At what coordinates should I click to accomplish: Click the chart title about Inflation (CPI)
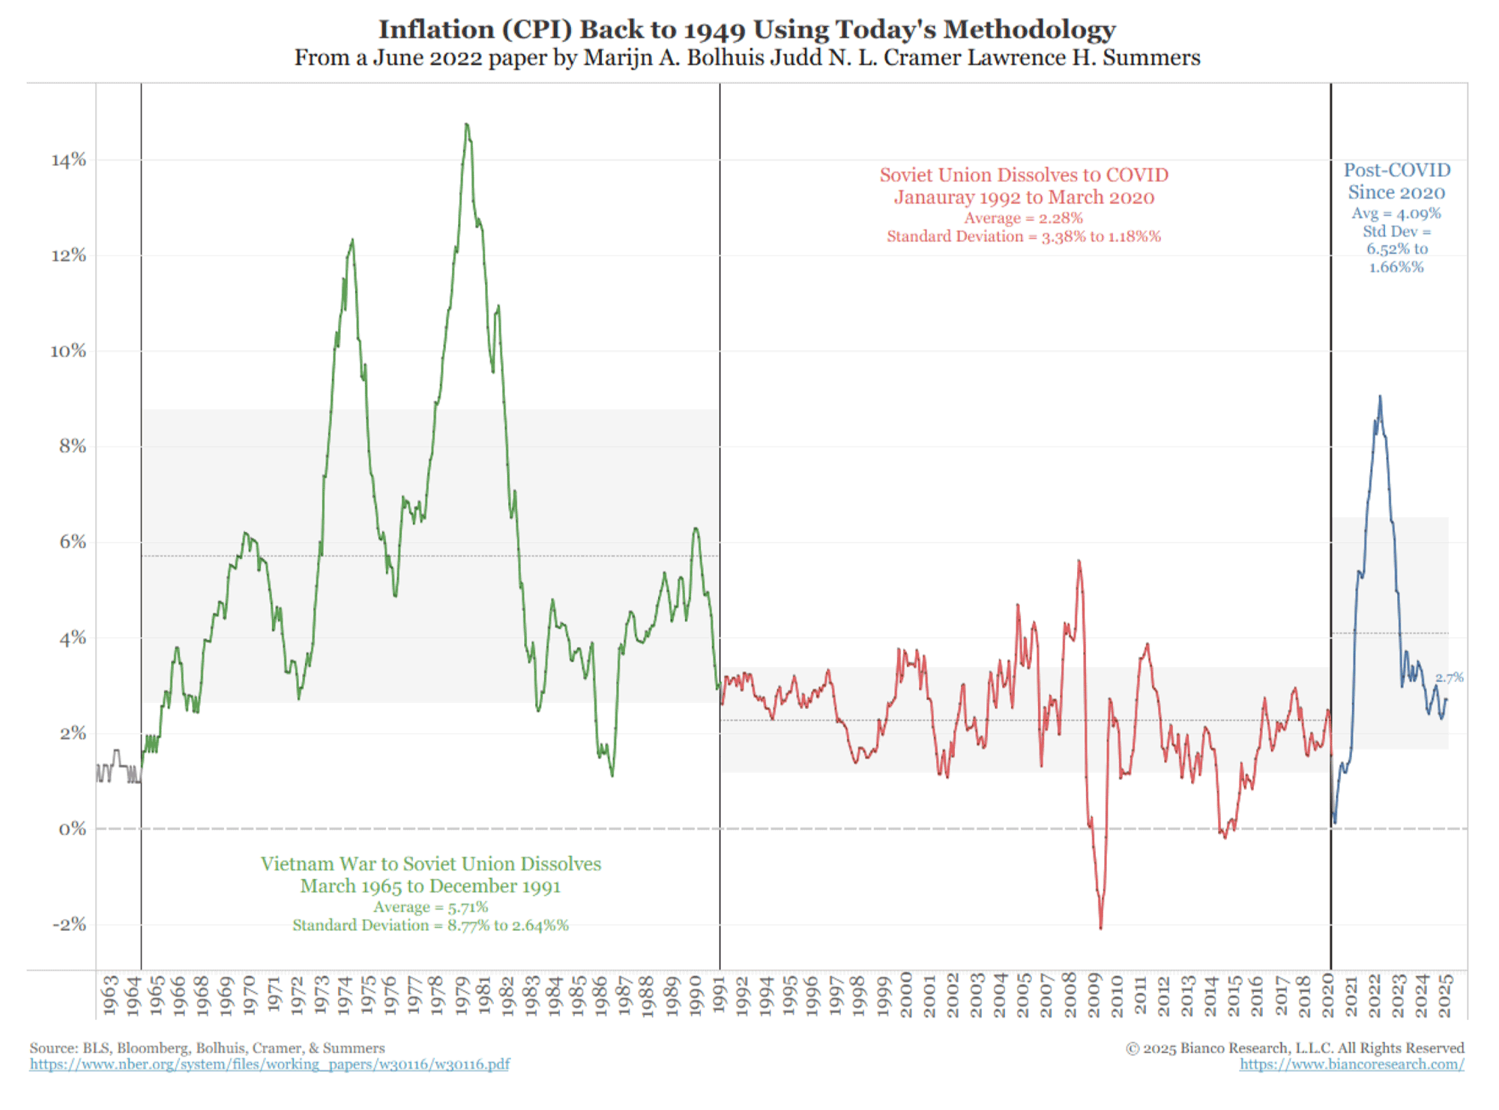click(x=747, y=29)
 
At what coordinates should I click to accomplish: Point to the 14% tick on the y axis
click(x=68, y=160)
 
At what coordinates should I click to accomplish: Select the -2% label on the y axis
click(x=68, y=924)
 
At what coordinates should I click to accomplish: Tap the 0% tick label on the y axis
click(x=72, y=829)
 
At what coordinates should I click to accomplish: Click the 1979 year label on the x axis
click(x=462, y=995)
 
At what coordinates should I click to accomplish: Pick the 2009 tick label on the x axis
click(x=1094, y=995)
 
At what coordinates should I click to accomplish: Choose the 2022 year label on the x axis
click(x=1375, y=995)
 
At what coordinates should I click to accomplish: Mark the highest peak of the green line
click(x=467, y=124)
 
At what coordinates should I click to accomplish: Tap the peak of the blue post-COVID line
click(x=1380, y=396)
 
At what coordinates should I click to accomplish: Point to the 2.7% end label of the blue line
click(x=1449, y=678)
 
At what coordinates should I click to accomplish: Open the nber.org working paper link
click(x=270, y=1064)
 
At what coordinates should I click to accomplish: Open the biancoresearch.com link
click(x=1351, y=1064)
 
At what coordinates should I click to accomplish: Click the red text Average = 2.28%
click(x=1023, y=218)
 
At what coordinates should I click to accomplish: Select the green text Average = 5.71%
click(x=430, y=907)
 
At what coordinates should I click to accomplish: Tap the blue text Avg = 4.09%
click(x=1396, y=214)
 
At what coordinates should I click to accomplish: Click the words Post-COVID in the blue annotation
click(x=1396, y=170)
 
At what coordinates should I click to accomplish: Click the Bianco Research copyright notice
click(x=1294, y=1048)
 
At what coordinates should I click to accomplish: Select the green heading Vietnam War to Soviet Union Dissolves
click(x=430, y=864)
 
